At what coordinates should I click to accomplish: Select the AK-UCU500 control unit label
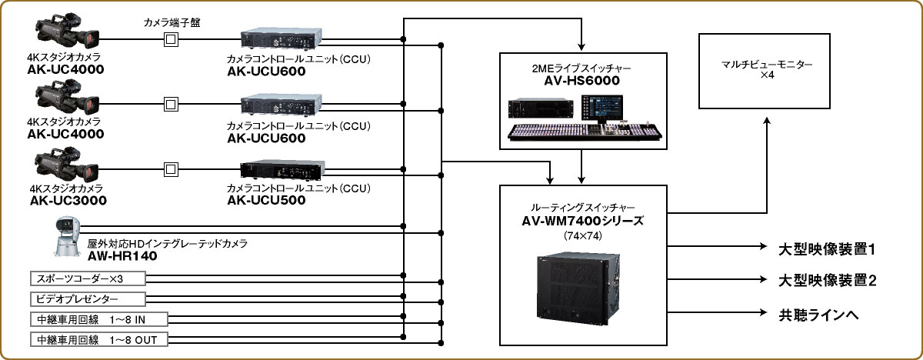click(x=266, y=201)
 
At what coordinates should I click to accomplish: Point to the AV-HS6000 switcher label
click(x=581, y=80)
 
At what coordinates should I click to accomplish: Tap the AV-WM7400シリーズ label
click(x=581, y=221)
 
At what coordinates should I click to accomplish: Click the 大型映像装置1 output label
click(x=827, y=249)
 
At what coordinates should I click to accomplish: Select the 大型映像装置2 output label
click(x=827, y=281)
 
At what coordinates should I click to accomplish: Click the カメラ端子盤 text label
click(x=169, y=22)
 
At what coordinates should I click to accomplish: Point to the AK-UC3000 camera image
click(x=68, y=167)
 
